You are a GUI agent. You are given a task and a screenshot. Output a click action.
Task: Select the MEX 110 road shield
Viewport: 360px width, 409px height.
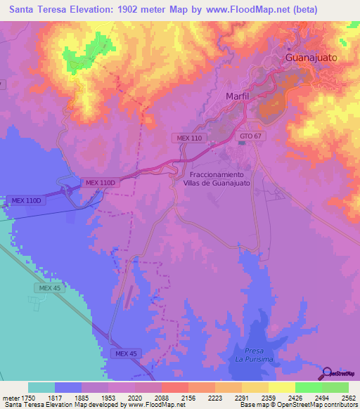188,138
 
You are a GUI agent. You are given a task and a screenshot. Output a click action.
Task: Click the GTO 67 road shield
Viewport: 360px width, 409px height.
250,135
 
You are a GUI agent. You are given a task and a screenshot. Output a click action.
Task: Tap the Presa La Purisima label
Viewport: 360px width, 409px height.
254,355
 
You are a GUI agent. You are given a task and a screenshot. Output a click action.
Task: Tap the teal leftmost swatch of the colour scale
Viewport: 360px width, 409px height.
41,387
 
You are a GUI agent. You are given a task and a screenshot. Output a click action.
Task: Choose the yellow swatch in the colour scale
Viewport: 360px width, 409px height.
281,387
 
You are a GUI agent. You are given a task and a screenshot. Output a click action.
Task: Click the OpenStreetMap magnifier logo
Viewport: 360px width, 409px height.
327,374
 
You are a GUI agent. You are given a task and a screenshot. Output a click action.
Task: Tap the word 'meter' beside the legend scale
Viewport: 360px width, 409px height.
11,398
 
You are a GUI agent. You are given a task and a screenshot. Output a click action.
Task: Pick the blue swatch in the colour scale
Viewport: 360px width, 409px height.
68,387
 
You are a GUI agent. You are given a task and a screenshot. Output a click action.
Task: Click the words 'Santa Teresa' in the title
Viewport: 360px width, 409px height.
37,10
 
